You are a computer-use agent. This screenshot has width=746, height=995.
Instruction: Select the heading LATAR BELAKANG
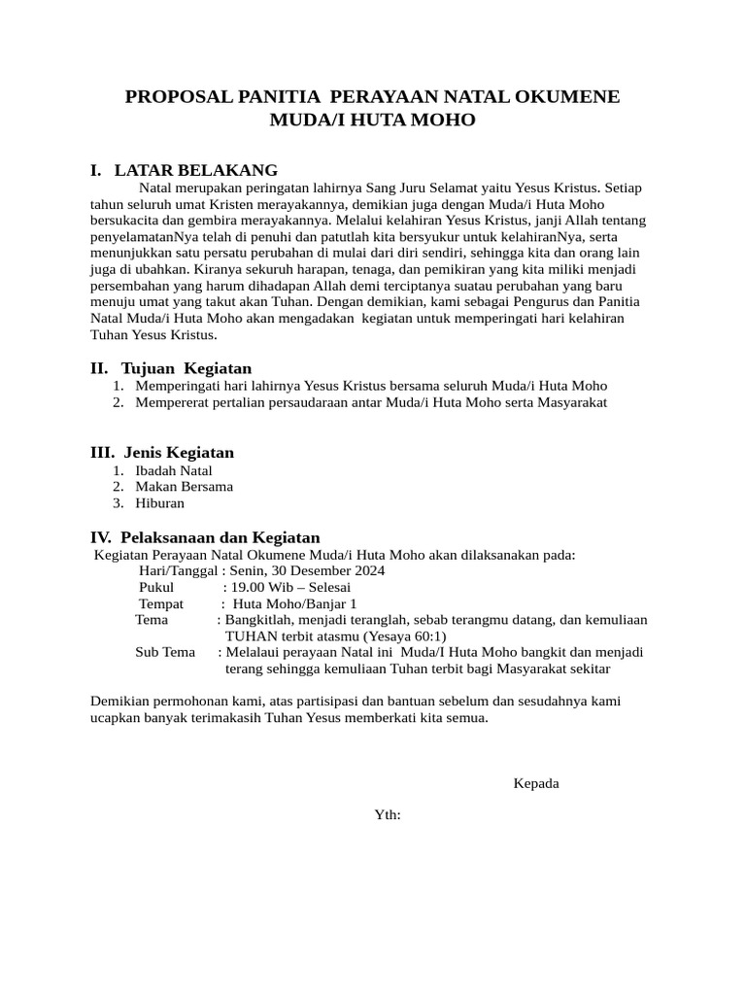tap(196, 170)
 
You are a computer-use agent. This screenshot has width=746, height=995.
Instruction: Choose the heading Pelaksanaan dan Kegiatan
tap(220, 537)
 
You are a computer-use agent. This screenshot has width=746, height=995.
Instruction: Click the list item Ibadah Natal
tap(174, 470)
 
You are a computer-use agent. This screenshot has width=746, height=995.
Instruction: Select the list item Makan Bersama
tap(184, 487)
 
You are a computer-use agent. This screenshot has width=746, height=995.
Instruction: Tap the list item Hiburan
tap(159, 503)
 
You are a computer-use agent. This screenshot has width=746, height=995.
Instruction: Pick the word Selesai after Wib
tap(329, 588)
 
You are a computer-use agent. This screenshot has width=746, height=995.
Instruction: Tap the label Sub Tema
tap(165, 652)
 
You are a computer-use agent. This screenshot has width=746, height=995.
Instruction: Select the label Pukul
tap(156, 588)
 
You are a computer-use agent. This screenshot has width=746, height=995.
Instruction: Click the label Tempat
tap(161, 603)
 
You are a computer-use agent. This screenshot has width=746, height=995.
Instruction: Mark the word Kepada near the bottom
tap(536, 783)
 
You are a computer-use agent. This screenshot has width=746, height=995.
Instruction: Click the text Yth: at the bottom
tap(388, 814)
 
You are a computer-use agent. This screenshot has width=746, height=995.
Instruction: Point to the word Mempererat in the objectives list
tap(170, 402)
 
